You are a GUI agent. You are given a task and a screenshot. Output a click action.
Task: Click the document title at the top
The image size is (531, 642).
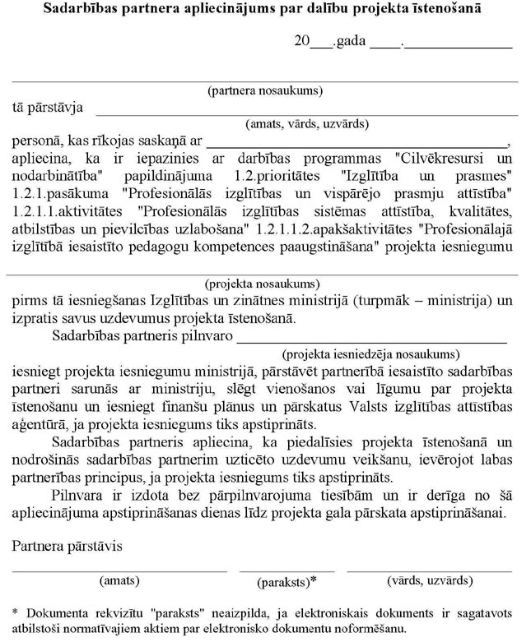[x=264, y=11]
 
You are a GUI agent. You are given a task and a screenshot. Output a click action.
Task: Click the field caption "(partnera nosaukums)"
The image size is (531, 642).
[x=265, y=90]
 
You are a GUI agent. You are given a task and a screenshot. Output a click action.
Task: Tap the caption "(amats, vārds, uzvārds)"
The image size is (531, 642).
[x=306, y=124]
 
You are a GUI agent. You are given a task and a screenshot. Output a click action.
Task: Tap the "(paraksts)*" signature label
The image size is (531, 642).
[x=287, y=582]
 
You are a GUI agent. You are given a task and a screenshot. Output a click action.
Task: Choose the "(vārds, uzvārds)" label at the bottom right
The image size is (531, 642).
[x=429, y=580]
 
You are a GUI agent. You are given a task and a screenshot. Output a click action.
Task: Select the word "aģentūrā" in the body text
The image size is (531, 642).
[x=40, y=424]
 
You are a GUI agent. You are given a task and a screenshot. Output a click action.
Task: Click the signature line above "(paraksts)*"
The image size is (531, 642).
[x=287, y=570]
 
